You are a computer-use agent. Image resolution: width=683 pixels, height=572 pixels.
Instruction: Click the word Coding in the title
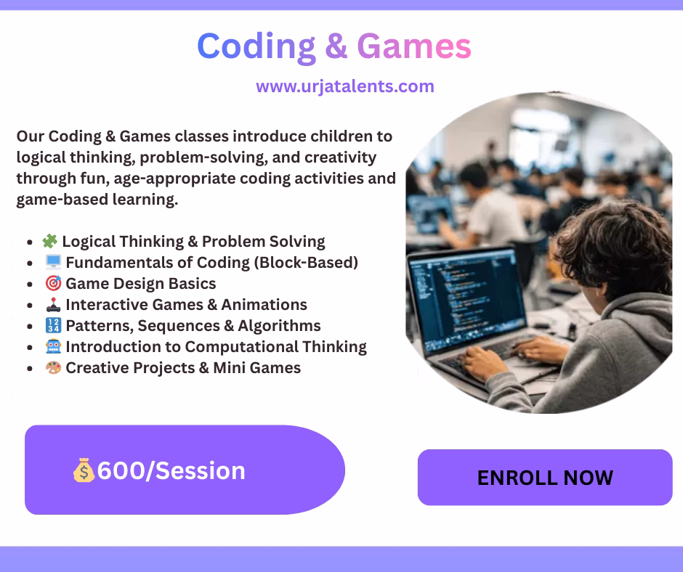tap(256, 47)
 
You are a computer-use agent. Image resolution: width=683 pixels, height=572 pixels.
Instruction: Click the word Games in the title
tap(414, 46)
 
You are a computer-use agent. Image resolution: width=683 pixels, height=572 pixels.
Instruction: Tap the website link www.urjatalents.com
tap(345, 86)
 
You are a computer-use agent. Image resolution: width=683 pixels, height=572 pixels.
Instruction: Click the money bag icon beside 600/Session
tap(84, 470)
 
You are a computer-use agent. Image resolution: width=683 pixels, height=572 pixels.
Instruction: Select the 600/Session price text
tap(171, 470)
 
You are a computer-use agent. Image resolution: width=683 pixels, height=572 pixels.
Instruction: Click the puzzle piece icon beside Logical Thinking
tap(50, 241)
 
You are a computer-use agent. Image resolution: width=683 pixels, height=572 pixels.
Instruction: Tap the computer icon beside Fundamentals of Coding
tap(53, 262)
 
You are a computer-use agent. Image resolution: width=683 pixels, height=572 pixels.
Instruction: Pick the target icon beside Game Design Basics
tap(53, 283)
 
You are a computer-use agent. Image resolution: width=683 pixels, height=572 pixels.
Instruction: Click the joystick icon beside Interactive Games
tap(53, 304)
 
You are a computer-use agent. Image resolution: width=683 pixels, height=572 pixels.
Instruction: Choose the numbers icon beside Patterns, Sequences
tap(53, 325)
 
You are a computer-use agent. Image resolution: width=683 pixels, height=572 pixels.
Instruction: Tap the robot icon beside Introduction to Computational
tap(53, 346)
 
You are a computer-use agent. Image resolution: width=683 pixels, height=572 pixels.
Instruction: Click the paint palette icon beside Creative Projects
tap(53, 367)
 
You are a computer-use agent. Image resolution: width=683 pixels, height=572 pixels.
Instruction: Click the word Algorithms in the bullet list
tap(279, 326)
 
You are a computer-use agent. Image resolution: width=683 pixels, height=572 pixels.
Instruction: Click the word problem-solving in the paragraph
tap(204, 158)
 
